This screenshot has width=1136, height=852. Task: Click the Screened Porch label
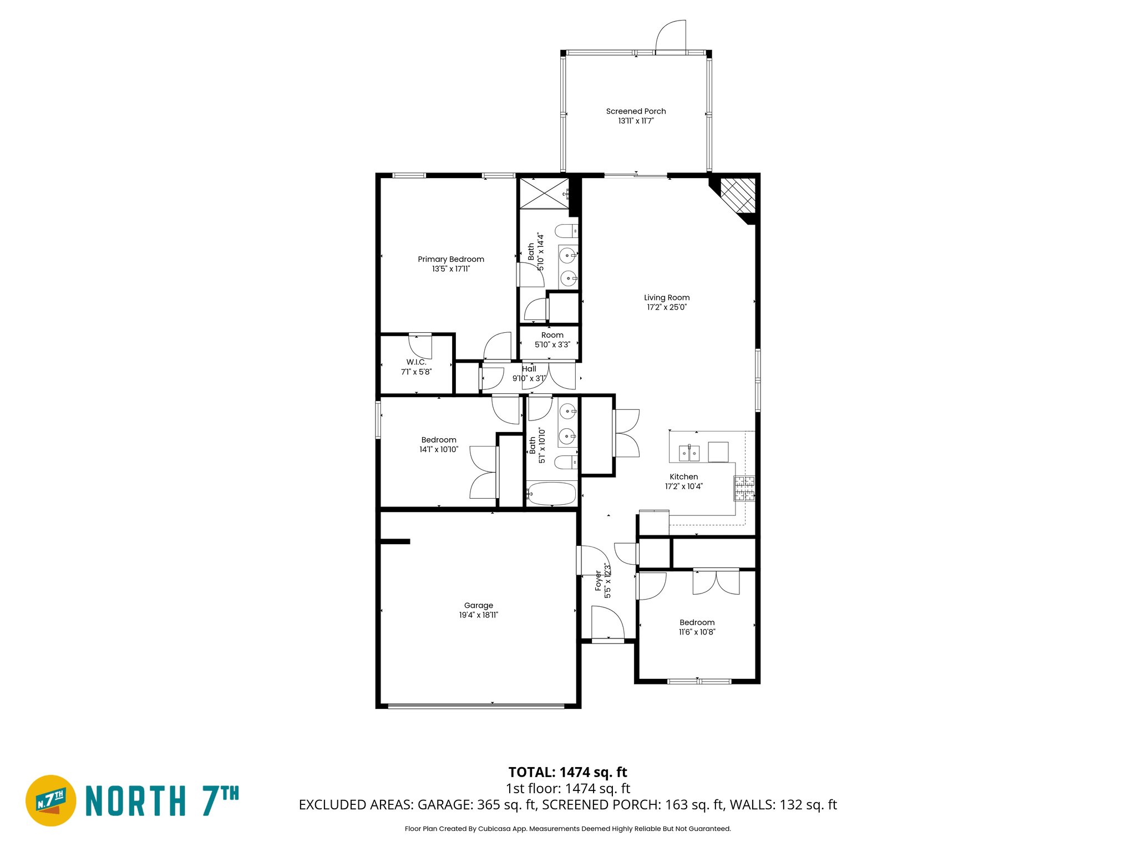point(636,111)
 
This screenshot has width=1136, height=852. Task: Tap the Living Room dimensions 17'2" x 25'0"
point(667,307)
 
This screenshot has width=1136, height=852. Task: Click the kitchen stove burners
point(744,488)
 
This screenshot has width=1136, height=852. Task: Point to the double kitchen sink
point(689,453)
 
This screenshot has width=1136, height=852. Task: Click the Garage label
point(478,606)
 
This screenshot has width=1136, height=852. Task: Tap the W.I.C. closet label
point(416,362)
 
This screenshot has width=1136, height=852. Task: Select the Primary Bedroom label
point(450,259)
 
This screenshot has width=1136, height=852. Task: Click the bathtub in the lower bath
point(552,493)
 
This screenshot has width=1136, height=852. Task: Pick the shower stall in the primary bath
point(544,193)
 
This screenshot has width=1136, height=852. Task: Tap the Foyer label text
point(599,581)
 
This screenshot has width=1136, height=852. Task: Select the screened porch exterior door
point(671,36)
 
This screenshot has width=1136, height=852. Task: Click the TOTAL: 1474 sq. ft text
point(567,772)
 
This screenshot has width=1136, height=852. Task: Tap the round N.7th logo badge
point(51,800)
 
